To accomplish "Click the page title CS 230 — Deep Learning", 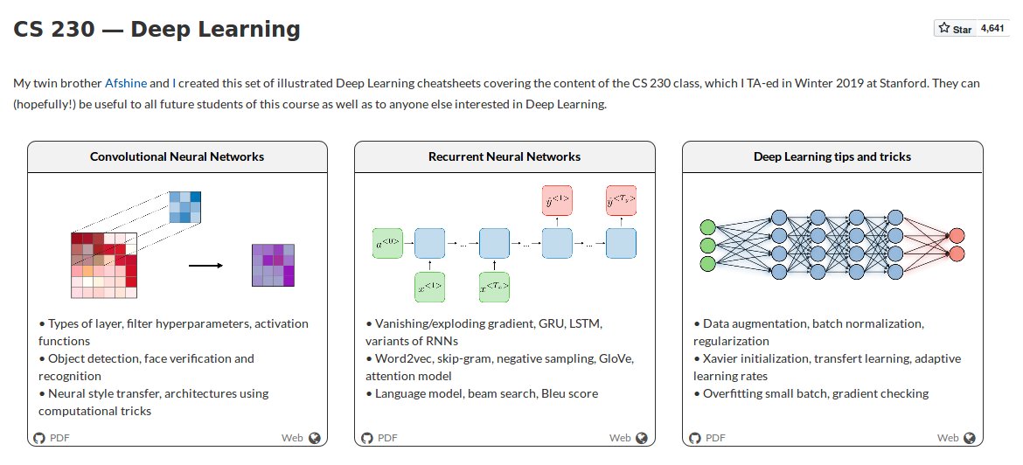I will [x=157, y=30].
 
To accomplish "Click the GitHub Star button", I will [x=955, y=29].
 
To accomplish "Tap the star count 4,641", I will [x=992, y=29].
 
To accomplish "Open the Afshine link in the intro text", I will [x=127, y=84].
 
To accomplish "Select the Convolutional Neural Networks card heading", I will [x=177, y=157].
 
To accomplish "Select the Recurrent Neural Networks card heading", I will [x=505, y=157].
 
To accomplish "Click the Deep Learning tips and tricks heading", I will [x=832, y=157].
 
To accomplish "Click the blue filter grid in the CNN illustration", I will [x=184, y=206].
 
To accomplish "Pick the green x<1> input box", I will [x=429, y=287].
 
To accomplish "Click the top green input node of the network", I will [x=708, y=227].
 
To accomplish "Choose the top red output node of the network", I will [x=957, y=236].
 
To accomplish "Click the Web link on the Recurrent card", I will [x=620, y=438].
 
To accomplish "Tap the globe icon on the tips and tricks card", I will [x=969, y=438].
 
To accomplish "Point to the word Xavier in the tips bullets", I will [x=722, y=358].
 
